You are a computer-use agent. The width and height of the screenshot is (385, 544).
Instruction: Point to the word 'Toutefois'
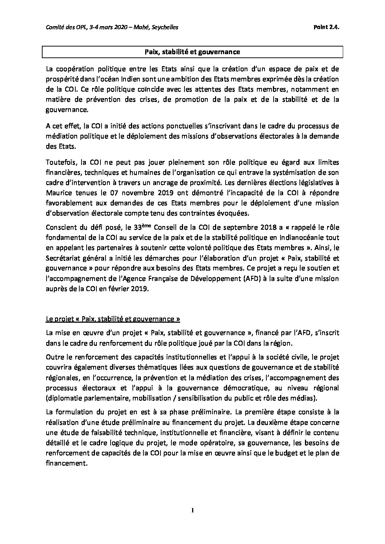(59, 162)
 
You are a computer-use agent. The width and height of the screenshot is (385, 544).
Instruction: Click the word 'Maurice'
(58, 192)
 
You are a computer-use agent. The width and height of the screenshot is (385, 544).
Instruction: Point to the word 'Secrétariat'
(64, 258)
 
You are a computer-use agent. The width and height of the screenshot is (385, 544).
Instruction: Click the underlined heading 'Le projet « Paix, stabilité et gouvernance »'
(113, 319)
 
